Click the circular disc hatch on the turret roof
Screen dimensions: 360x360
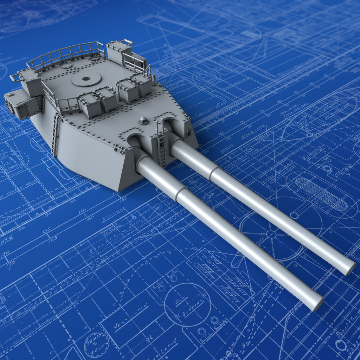(x=86, y=79)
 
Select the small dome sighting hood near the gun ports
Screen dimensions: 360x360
(x=143, y=120)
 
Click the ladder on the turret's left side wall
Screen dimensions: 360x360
(x=56, y=135)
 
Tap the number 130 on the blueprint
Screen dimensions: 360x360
(x=5, y=253)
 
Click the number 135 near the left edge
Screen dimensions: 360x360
(x=46, y=231)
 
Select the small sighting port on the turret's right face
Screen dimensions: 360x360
(x=189, y=133)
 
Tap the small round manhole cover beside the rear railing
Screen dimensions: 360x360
(x=66, y=66)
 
